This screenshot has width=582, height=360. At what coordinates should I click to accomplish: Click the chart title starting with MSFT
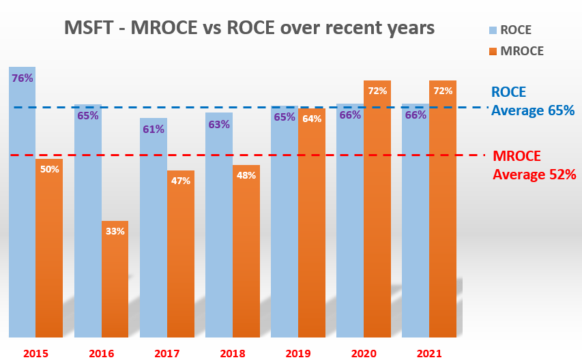pos(248,29)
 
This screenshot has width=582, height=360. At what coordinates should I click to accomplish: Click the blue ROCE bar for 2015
pos(22,205)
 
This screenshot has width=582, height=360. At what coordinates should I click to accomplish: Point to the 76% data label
pos(22,78)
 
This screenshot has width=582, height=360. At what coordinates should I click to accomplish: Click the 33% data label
pos(115,231)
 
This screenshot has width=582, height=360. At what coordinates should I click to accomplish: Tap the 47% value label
pos(180,181)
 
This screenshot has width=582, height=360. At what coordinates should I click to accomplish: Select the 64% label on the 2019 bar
pos(312,119)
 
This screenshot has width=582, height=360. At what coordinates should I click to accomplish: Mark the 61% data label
pos(154,129)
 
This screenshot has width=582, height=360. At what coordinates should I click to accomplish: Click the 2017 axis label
pos(166,353)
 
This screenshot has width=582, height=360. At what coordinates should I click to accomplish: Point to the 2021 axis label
pos(428,353)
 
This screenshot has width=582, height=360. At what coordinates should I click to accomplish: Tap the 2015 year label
pos(35,353)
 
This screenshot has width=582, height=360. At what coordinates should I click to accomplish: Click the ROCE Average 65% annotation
pos(533,102)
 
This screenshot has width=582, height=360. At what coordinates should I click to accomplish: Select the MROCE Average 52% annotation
pos(534,165)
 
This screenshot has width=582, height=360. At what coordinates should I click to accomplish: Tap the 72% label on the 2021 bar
pos(443,91)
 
